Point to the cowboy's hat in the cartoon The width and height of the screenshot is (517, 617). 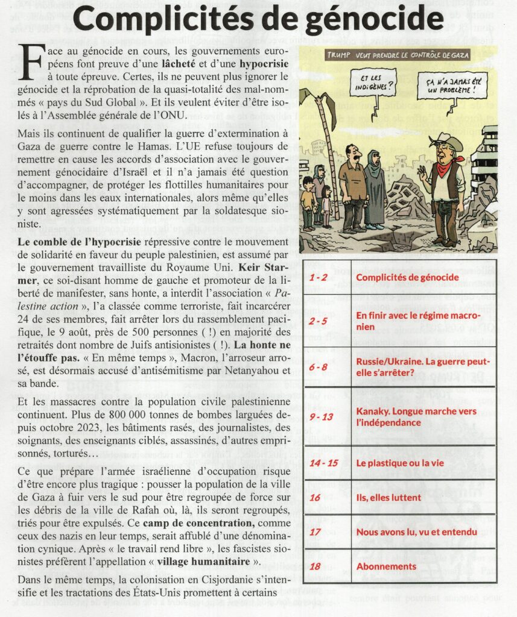click(x=446, y=142)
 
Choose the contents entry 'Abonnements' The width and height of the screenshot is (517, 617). click(x=386, y=566)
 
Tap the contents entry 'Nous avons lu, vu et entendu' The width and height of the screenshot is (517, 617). click(x=417, y=531)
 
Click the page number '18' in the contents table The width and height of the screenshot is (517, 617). click(x=315, y=566)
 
